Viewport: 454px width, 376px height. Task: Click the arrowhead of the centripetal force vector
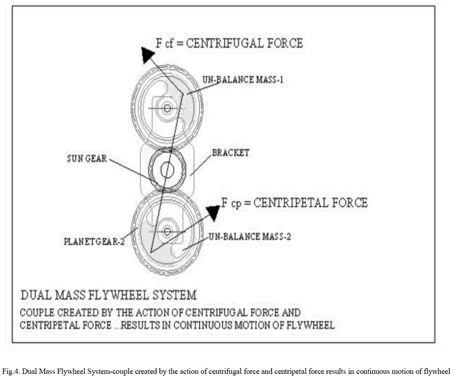213,212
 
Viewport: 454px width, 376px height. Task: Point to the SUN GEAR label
86,158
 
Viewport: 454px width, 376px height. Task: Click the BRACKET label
231,153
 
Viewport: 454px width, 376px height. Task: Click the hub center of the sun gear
167,170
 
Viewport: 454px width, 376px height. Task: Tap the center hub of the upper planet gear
167,108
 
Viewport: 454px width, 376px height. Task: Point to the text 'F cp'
231,203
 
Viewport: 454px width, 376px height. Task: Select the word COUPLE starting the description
38,313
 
